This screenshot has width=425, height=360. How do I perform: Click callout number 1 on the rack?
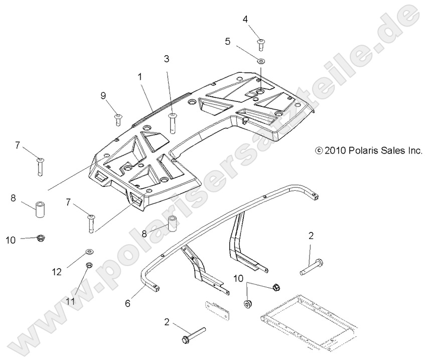[x=139, y=77]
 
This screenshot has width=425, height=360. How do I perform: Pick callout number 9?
[x=103, y=95]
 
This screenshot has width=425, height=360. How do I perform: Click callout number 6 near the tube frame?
[x=128, y=303]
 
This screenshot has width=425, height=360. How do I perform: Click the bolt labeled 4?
[x=260, y=44]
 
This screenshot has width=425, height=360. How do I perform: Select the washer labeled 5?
[x=261, y=61]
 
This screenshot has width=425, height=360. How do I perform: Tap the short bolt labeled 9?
[x=118, y=118]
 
